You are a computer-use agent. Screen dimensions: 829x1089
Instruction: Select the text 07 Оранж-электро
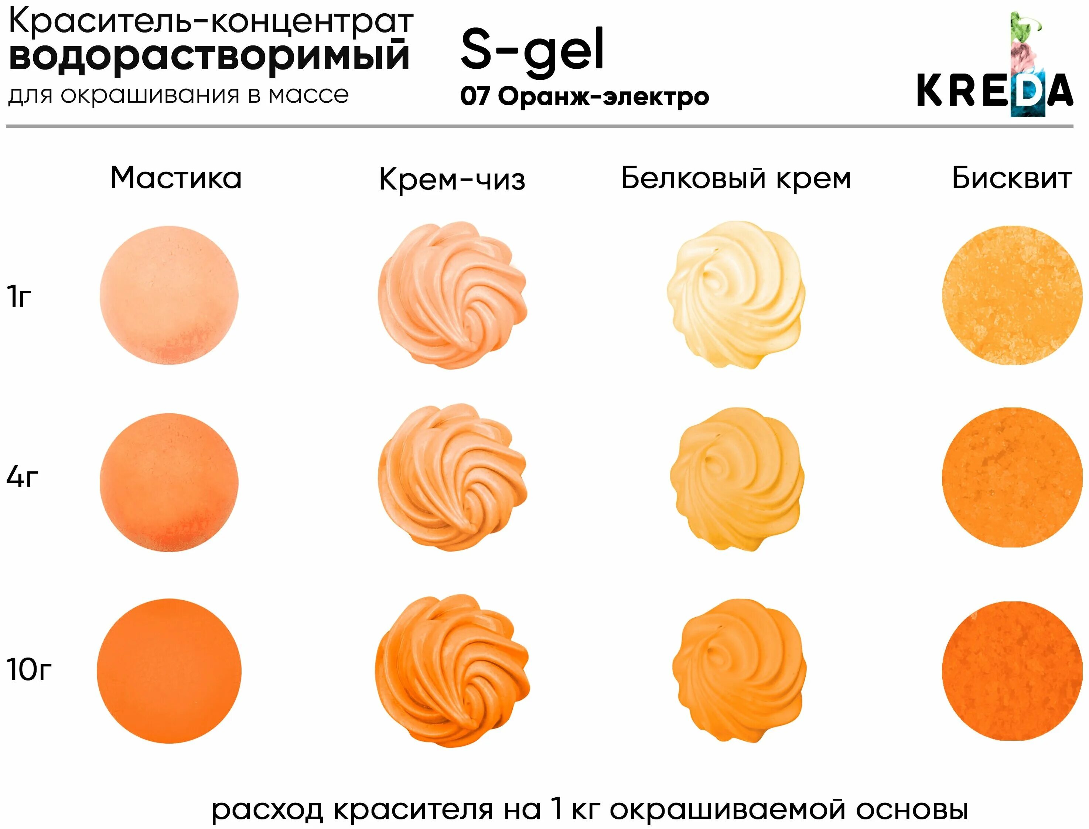[x=584, y=96]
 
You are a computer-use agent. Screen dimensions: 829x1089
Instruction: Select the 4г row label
[x=22, y=477]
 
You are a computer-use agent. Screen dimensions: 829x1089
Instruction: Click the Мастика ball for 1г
[x=169, y=295]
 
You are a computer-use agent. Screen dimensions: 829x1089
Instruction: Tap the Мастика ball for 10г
[x=169, y=671]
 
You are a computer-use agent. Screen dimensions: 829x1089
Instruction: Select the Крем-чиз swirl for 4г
[x=452, y=477]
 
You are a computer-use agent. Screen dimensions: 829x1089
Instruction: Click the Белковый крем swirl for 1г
[x=736, y=295]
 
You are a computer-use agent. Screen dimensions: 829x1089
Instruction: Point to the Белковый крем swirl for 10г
[x=739, y=671]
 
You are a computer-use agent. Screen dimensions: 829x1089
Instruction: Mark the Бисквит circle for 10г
[x=1011, y=671]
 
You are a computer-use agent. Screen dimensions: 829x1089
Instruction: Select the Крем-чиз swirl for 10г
[x=452, y=671]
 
